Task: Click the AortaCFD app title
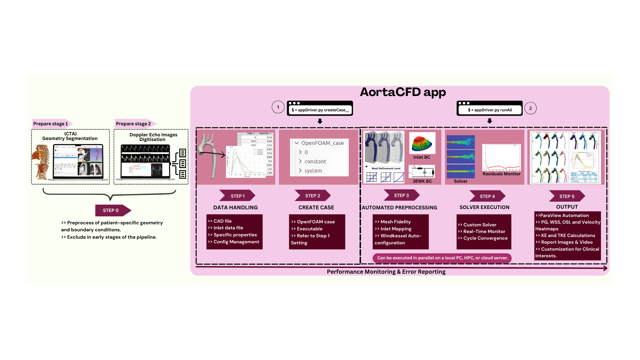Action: [x=403, y=92]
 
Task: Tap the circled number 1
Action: [x=278, y=107]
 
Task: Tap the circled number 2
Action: [x=530, y=108]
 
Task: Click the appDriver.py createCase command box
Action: [x=320, y=110]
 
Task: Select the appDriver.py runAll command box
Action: [x=489, y=110]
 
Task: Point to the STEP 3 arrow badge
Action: [x=401, y=195]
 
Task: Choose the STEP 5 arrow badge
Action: [x=567, y=196]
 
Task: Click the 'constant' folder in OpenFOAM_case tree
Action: [x=315, y=161]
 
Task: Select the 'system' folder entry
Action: [x=313, y=171]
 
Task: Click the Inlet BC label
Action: [x=422, y=157]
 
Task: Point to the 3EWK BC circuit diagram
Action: [x=422, y=172]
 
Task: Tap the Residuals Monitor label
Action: [x=501, y=174]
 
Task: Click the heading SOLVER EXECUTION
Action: [x=484, y=207]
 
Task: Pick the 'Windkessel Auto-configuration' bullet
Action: [x=398, y=239]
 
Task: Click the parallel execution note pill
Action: [x=442, y=258]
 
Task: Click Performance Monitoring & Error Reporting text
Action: [x=386, y=272]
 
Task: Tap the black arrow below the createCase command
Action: [x=320, y=121]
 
